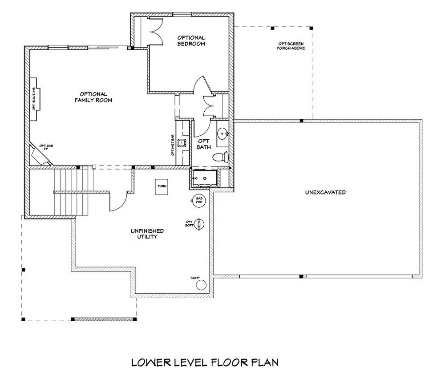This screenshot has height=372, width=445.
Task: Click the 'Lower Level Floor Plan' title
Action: [205, 361]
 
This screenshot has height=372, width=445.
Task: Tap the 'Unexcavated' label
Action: [325, 193]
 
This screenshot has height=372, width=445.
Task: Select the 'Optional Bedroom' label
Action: [191, 40]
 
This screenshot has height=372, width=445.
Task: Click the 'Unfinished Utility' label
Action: [147, 234]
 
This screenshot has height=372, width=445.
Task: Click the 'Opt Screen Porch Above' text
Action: [291, 45]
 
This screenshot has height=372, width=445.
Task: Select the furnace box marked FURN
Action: [161, 187]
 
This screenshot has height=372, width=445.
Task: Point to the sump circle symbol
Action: [202, 285]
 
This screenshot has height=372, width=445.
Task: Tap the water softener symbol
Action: [200, 223]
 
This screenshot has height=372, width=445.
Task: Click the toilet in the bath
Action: [220, 157]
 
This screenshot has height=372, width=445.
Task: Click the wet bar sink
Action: [182, 143]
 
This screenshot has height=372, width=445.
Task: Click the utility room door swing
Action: [118, 201]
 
